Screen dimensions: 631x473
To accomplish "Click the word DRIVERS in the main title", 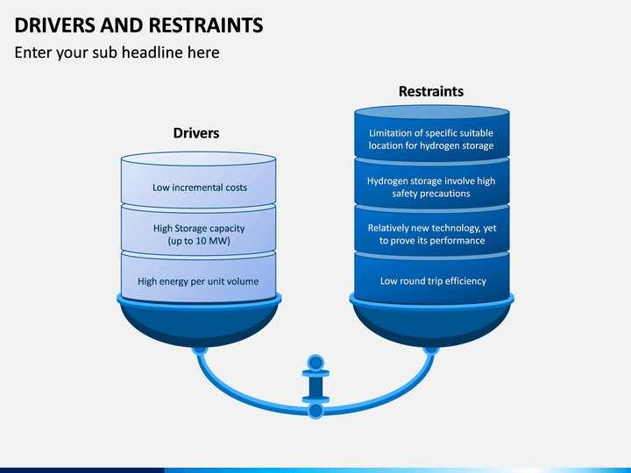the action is click(x=54, y=25).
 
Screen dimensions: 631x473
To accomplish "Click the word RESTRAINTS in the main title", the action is click(x=206, y=25).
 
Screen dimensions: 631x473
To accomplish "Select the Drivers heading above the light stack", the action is click(x=196, y=133).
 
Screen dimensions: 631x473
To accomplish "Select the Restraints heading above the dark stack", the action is click(x=431, y=91).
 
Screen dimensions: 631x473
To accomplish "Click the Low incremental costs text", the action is click(x=200, y=187).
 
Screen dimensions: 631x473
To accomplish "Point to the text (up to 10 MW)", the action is click(x=199, y=241).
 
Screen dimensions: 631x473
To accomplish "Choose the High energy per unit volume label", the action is click(x=198, y=281).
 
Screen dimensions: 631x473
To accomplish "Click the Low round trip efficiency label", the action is click(x=433, y=281).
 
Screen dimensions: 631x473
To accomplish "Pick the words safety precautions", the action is click(x=431, y=194).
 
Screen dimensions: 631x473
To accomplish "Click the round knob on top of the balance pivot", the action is click(x=315, y=363).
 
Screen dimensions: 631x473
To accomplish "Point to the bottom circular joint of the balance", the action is click(x=315, y=411).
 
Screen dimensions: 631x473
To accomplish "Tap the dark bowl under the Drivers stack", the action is click(x=199, y=325).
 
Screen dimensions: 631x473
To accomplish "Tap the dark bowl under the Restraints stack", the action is click(x=431, y=325).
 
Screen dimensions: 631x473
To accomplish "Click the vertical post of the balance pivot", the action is click(x=315, y=386).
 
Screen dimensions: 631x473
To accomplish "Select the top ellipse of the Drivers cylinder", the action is click(x=198, y=159).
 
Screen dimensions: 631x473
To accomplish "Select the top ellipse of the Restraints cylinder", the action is click(x=432, y=112).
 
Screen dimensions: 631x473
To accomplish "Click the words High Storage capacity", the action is click(x=199, y=229).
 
